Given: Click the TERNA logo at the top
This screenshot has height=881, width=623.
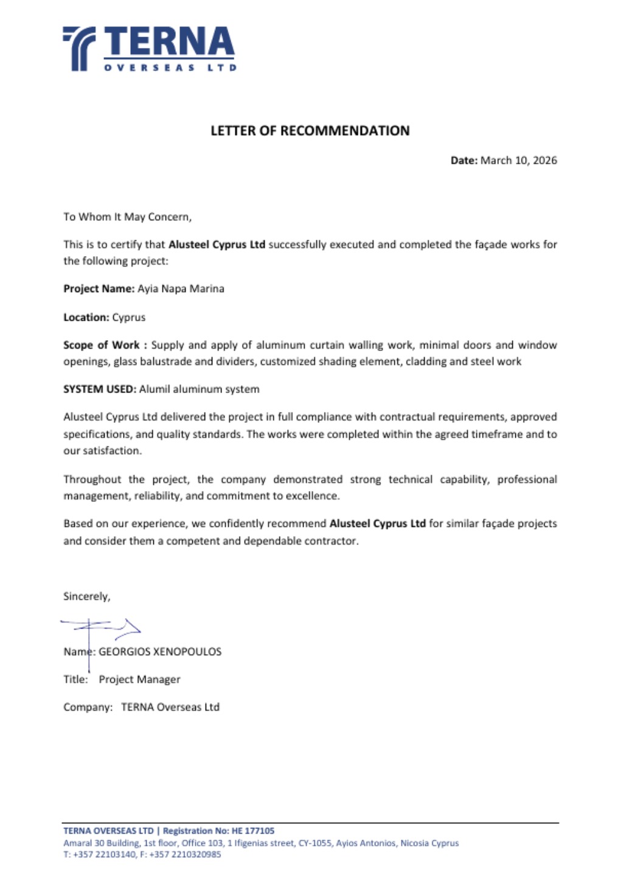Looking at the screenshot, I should [148, 49].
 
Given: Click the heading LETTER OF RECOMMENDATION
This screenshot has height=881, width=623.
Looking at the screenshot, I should [310, 131].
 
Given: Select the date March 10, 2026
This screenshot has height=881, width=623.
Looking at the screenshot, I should [518, 161].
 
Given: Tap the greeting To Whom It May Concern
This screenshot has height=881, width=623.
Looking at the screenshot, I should [127, 217].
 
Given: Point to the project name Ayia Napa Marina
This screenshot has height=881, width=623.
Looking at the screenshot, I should [181, 289].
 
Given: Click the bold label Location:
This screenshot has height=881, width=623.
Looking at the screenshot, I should [86, 318].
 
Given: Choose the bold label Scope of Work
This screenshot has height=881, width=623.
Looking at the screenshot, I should [101, 345].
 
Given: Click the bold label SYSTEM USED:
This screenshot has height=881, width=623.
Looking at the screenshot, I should [100, 389].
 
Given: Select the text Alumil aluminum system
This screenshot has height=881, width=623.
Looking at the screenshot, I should [199, 389].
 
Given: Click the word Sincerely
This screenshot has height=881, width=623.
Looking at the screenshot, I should [86, 597].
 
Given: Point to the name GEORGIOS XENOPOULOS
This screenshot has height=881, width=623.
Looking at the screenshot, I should [160, 652].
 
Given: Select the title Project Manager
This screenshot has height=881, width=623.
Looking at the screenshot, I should [139, 680].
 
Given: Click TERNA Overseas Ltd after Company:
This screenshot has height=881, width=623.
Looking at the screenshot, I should [170, 708].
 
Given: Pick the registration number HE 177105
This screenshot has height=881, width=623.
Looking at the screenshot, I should [253, 831].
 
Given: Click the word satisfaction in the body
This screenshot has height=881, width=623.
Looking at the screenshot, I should [112, 451].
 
